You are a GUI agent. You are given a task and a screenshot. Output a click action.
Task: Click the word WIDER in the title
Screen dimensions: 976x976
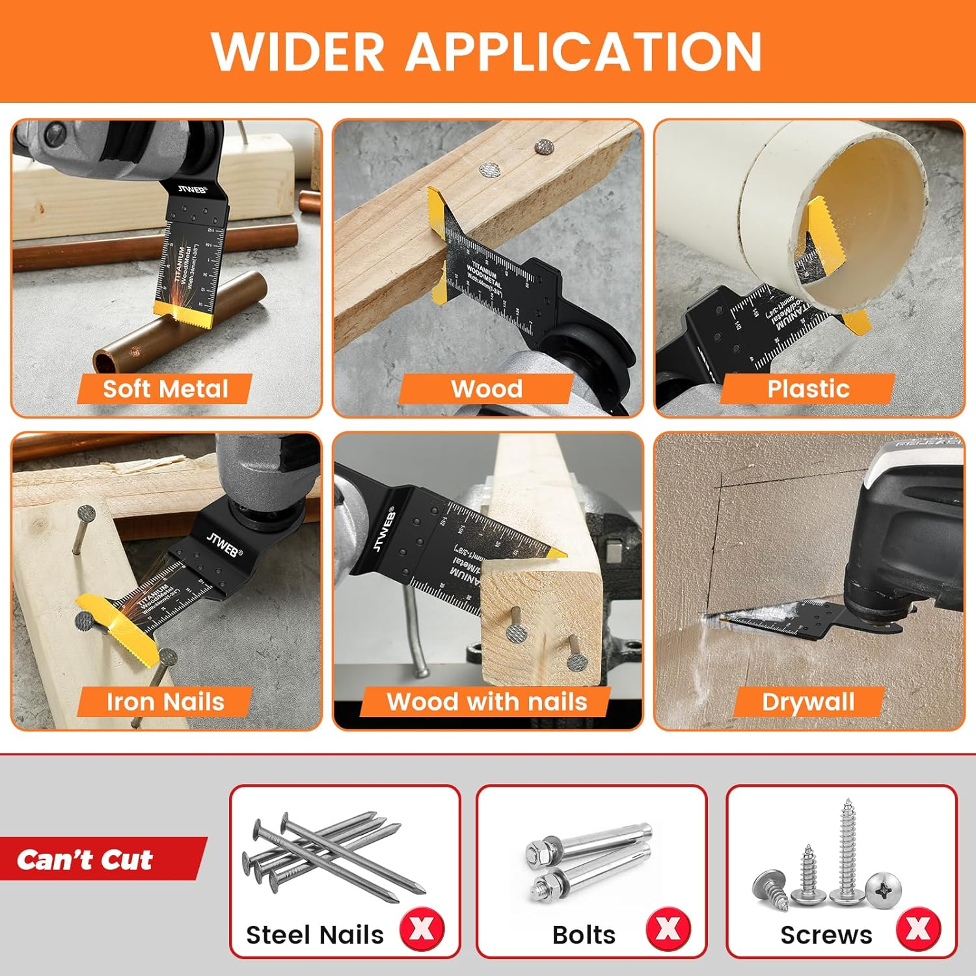pos(298,52)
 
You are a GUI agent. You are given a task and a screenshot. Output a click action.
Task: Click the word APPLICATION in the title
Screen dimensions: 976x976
pos(584,52)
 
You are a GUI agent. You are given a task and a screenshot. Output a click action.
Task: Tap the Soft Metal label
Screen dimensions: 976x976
pos(165,389)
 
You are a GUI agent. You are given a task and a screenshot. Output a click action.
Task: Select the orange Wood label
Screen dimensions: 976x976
pos(487,389)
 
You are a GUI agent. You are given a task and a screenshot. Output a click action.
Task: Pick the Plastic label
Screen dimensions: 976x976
pos(808,389)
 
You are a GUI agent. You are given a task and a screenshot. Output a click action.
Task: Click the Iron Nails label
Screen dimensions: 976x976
pos(165,702)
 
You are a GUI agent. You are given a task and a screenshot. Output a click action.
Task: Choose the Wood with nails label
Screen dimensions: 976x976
pos(487,702)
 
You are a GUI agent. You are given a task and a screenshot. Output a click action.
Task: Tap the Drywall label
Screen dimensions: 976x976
pos(808,702)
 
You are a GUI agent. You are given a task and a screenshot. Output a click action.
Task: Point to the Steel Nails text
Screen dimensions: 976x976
pos(315,935)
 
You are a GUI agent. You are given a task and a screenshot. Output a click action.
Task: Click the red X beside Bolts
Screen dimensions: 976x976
pos(668,929)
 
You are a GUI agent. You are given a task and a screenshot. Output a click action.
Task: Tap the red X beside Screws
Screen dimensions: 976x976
pos(918,929)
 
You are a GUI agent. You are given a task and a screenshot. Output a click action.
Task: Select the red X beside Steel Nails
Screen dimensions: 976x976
pos(422,929)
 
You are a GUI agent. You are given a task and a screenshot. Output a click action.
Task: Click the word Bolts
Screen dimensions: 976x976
pos(584,935)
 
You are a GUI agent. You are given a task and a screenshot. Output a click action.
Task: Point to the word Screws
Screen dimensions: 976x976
pos(826,935)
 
